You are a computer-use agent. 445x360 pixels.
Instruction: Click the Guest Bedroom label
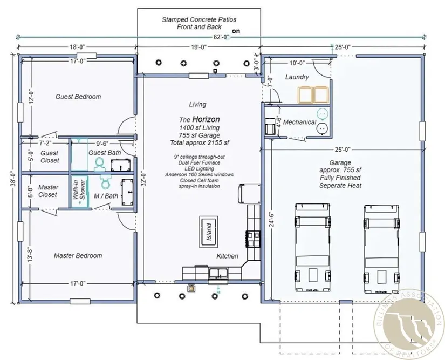(x=78, y=97)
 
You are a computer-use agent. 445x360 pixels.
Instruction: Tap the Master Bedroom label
(x=78, y=255)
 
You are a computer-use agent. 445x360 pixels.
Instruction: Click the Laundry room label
(x=297, y=77)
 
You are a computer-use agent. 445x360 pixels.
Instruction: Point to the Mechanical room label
(x=299, y=123)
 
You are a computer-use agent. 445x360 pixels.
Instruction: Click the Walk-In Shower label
(x=79, y=192)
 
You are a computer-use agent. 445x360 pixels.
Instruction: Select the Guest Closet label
(x=49, y=157)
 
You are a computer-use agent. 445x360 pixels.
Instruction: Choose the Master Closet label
(x=49, y=191)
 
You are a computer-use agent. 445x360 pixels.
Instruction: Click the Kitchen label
(x=227, y=256)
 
